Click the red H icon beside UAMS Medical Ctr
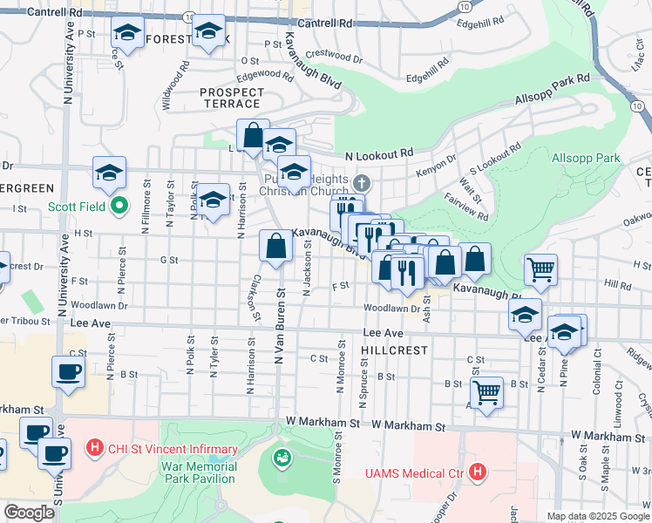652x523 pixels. (x=477, y=472)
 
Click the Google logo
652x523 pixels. (x=29, y=513)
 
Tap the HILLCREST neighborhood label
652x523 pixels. (x=395, y=350)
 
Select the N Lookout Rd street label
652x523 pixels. (x=378, y=154)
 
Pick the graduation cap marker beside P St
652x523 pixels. (x=128, y=34)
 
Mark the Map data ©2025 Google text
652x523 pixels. (x=598, y=516)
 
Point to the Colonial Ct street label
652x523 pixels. (x=598, y=372)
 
